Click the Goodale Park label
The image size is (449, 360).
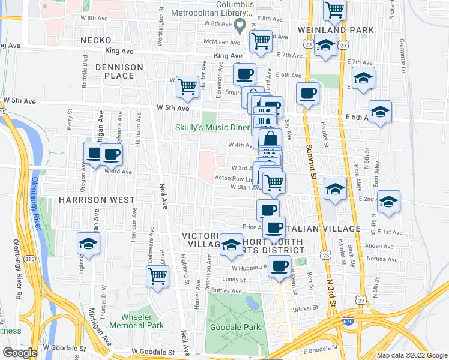(x=235, y=327)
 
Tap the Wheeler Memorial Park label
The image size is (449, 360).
(x=142, y=321)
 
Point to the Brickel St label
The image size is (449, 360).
(x=305, y=310)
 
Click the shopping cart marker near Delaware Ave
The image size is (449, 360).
(x=157, y=277)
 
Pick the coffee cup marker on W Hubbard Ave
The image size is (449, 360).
(x=279, y=266)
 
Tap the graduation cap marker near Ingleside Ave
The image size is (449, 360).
(x=88, y=244)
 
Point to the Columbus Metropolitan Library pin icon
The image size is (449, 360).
(x=240, y=25)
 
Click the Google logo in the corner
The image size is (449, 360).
(x=20, y=353)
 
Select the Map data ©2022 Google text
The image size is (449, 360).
(x=412, y=355)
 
